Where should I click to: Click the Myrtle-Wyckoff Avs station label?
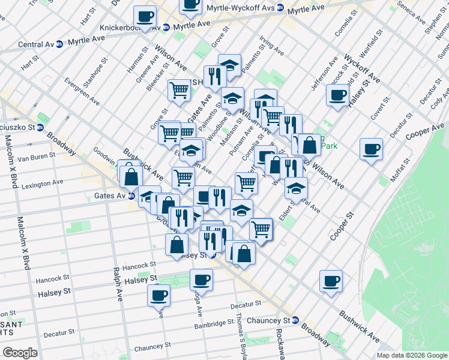coord(239,8)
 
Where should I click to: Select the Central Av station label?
coord(35,44)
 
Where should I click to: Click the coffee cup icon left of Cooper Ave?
coord(371,148)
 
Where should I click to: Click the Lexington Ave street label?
coord(42,185)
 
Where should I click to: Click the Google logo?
coord(20,353)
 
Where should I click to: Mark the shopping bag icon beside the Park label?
coord(310,145)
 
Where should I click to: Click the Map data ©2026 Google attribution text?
coord(411,355)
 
